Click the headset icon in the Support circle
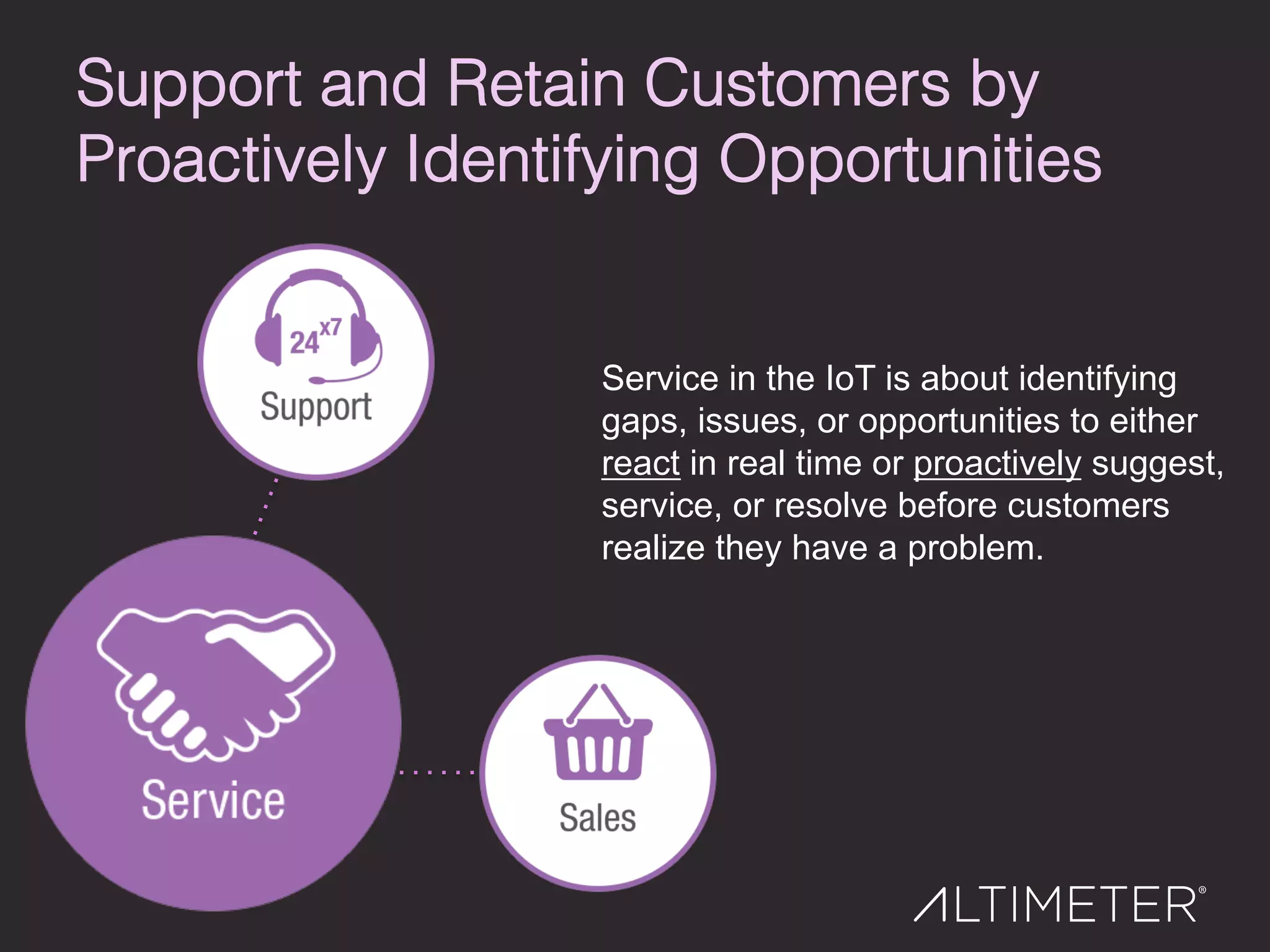317,322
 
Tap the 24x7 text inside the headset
314,338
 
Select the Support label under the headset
316,407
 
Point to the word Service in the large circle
213,801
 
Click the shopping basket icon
598,734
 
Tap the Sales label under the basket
598,818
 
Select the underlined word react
641,464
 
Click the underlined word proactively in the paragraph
997,464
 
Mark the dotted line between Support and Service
265,506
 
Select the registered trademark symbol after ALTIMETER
1202,890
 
